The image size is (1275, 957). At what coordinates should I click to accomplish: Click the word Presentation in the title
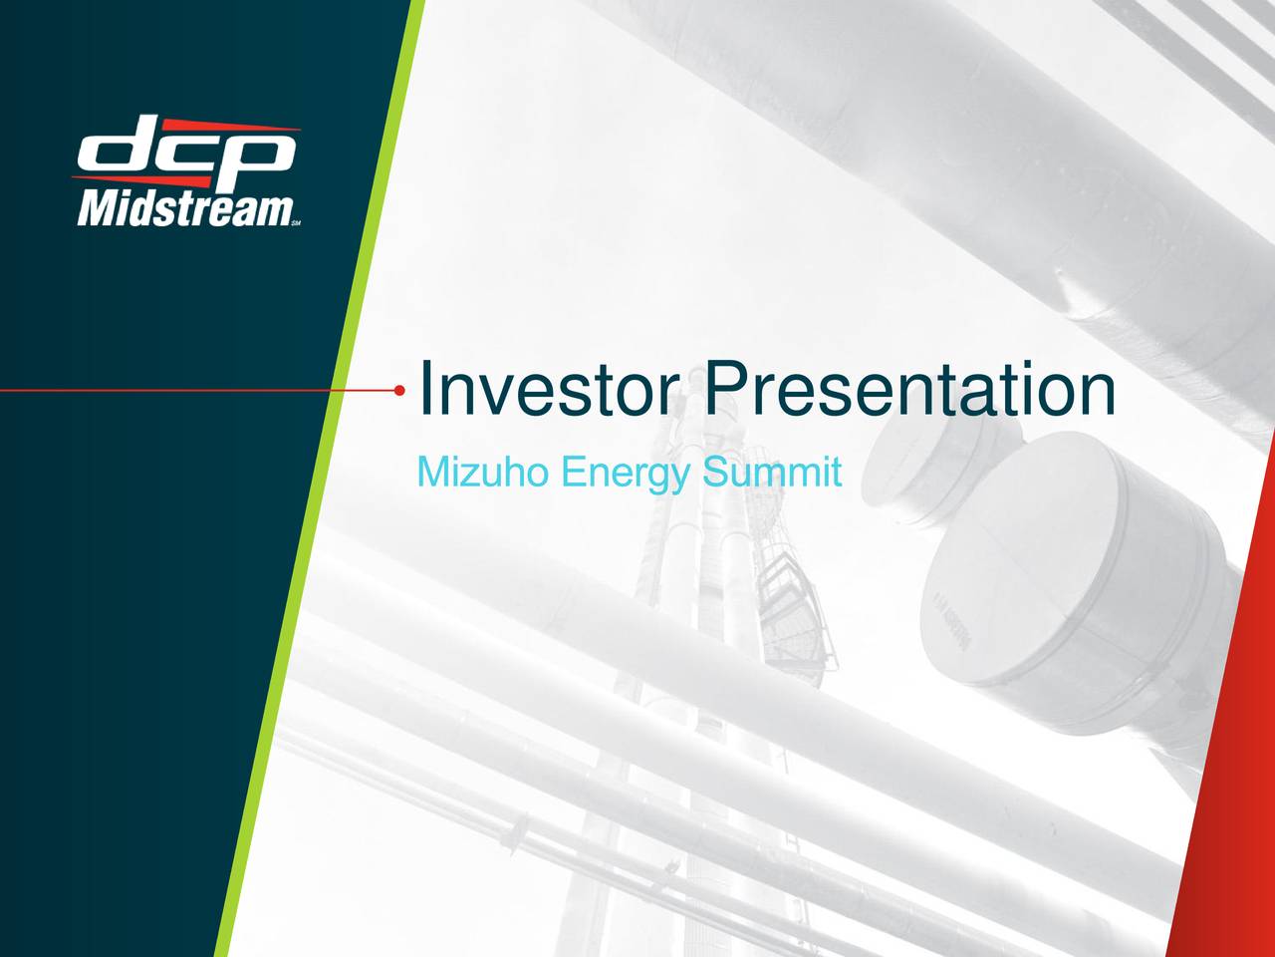tap(909, 391)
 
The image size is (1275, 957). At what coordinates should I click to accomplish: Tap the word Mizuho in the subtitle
tap(482, 472)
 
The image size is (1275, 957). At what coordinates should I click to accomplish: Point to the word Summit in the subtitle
tap(771, 472)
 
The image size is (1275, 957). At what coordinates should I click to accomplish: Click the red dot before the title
tap(399, 391)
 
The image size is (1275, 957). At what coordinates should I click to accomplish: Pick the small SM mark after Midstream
tap(297, 223)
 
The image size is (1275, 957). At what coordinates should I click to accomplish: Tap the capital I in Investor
tap(425, 391)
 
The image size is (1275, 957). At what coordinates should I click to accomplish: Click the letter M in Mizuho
tap(432, 472)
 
